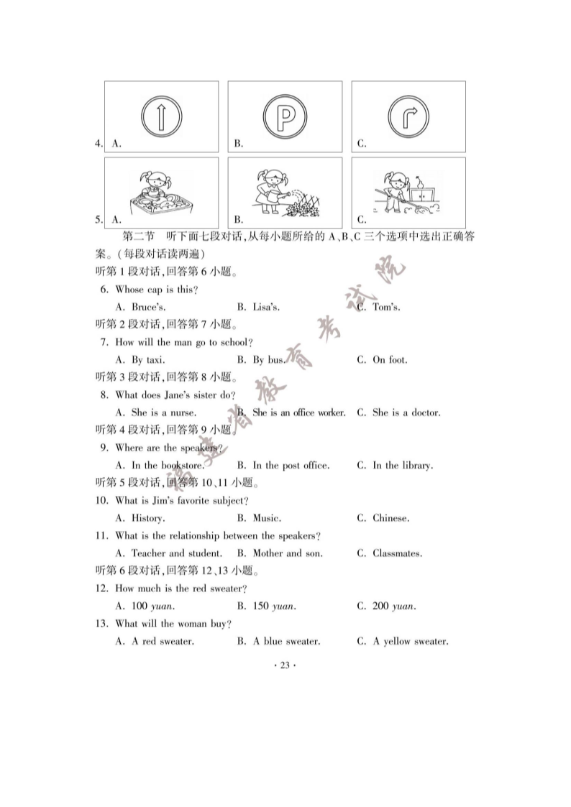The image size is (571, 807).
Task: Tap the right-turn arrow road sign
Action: pos(408,115)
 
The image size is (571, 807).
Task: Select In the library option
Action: pos(402,466)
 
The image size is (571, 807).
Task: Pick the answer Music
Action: pos(266,518)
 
